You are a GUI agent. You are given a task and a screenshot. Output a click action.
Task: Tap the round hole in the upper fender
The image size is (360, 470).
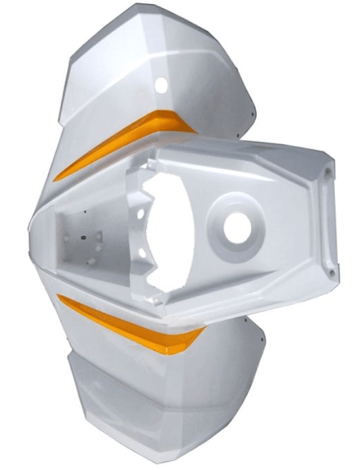[x=161, y=86]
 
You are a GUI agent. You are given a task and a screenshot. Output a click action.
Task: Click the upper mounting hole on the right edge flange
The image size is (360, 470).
[x=332, y=168]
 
